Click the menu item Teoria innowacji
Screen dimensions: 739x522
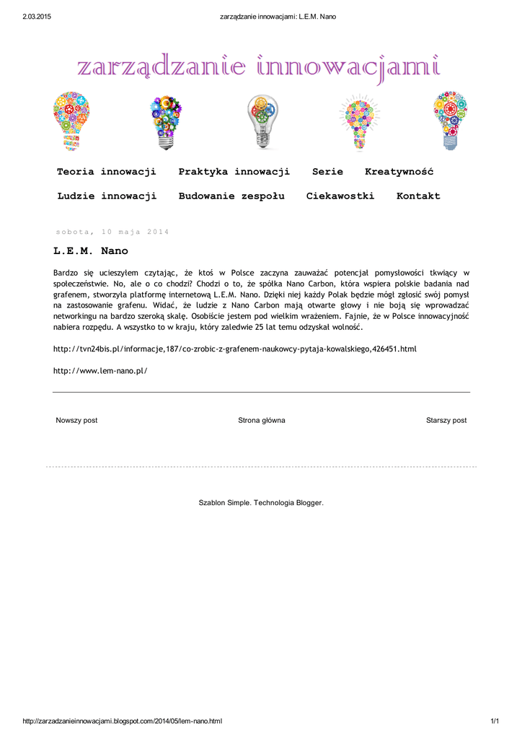(107, 172)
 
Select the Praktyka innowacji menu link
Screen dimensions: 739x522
(234, 172)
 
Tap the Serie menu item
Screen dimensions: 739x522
(327, 172)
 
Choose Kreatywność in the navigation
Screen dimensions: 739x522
(399, 172)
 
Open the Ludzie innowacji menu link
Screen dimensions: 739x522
(107, 196)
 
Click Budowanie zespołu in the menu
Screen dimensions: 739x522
(231, 196)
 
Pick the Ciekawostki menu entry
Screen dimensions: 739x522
(340, 196)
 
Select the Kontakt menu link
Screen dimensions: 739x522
(418, 196)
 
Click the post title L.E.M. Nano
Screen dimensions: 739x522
(91, 251)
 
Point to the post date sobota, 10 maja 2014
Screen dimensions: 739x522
(112, 232)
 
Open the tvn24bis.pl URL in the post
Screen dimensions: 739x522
(235, 349)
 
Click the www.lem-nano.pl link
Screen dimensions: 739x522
(100, 370)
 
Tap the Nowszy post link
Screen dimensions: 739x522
(76, 420)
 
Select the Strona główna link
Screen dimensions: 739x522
(262, 420)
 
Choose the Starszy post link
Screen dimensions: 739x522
(446, 420)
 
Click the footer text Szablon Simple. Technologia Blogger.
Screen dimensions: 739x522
(261, 502)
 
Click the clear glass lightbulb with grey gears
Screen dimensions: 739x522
(261, 121)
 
